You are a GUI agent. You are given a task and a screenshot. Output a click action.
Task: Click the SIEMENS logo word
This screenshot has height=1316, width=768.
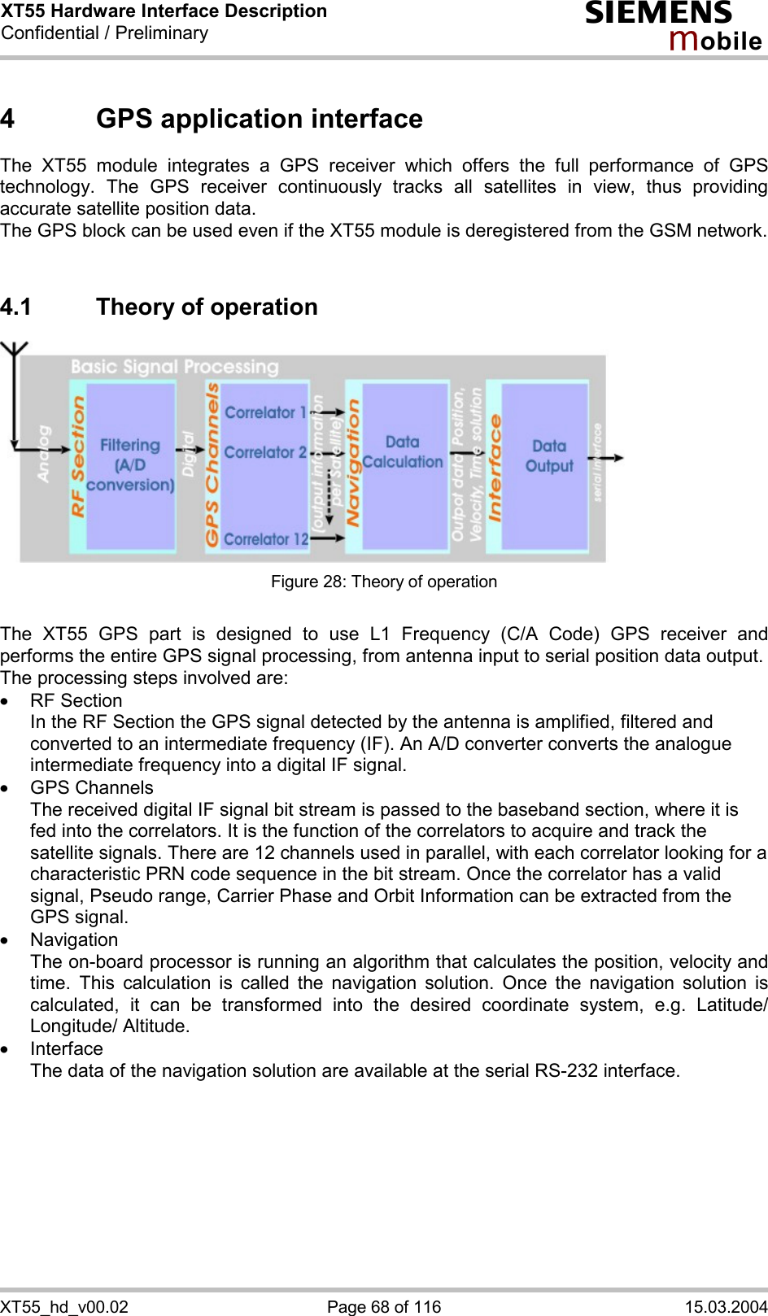(658, 14)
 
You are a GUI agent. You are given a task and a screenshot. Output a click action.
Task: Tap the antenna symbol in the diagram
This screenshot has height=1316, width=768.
(14, 355)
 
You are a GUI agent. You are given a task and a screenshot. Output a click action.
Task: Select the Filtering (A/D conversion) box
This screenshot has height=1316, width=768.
(130, 465)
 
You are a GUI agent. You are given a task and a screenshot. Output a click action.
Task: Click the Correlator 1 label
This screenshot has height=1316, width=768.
(265, 412)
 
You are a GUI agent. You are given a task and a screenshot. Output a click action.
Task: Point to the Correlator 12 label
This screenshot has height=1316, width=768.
(266, 539)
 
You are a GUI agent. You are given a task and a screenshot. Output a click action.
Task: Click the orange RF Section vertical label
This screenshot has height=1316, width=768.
(78, 457)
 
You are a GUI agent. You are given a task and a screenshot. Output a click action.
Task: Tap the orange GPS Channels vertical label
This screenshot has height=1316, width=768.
(212, 465)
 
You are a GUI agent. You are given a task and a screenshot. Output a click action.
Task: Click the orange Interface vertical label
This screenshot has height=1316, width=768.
(495, 468)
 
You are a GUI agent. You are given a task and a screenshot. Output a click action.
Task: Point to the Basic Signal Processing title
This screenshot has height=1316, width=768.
(174, 367)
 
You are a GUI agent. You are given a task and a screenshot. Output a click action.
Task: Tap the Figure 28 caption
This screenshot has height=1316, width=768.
(384, 582)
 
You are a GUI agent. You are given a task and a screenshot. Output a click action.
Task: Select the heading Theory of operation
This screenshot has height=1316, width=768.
(207, 307)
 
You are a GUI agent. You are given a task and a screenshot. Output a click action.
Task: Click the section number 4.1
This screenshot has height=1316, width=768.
(16, 307)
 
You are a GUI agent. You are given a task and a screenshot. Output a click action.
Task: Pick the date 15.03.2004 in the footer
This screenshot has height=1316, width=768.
(726, 1306)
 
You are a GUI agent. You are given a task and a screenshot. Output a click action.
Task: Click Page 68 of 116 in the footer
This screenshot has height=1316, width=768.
(384, 1306)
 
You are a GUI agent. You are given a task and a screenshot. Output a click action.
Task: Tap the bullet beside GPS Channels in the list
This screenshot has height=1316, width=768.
(6, 788)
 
